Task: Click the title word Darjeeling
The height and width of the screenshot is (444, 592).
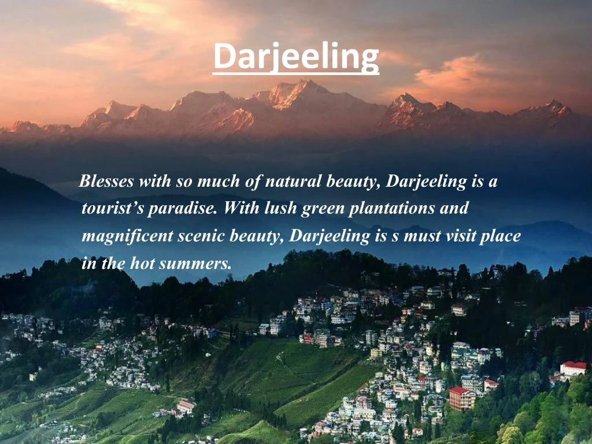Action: [295, 57]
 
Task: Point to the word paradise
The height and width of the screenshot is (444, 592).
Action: [182, 209]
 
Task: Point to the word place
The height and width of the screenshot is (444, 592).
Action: [504, 236]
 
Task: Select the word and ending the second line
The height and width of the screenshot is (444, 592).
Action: [454, 209]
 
